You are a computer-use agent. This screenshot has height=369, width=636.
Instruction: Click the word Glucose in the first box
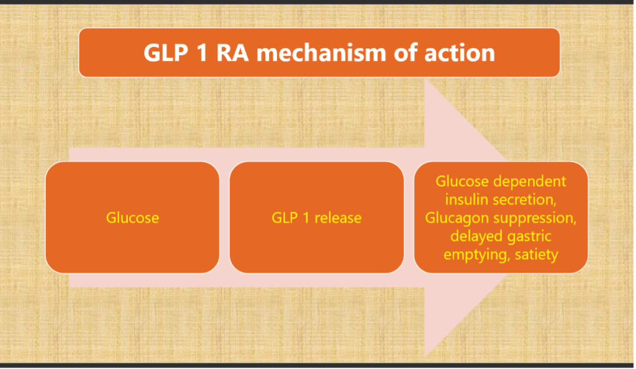pyautogui.click(x=132, y=218)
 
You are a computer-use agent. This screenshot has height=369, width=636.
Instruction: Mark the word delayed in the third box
pyautogui.click(x=477, y=236)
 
